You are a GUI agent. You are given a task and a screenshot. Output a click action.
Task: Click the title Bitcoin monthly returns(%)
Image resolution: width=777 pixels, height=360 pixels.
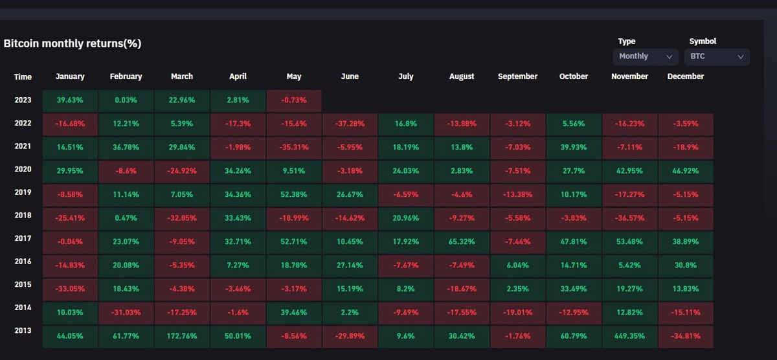[73, 44]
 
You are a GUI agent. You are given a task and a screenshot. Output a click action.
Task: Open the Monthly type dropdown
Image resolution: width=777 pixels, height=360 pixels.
[646, 56]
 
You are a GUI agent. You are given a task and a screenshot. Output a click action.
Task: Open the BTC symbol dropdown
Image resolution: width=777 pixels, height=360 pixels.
[717, 56]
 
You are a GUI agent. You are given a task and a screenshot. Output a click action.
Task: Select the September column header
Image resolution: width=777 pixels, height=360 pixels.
[517, 76]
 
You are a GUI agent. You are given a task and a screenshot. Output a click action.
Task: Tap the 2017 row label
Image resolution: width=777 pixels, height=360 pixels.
[23, 238]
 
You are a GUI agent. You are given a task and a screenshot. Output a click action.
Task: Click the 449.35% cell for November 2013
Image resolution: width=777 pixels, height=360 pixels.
[629, 337]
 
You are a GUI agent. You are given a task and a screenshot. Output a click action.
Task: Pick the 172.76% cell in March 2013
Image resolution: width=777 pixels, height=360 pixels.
[181, 337]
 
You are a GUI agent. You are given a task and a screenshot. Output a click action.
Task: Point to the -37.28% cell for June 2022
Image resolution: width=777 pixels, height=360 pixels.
[350, 123]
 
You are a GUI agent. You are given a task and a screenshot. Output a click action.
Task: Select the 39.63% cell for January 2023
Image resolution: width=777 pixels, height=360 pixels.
[70, 100]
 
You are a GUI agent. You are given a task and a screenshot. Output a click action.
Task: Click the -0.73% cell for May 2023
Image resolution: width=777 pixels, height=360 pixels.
[294, 100]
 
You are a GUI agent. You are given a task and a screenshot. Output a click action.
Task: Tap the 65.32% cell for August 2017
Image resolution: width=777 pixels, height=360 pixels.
[462, 242]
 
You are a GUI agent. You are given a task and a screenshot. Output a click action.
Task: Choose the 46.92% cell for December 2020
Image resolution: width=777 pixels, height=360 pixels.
[685, 171]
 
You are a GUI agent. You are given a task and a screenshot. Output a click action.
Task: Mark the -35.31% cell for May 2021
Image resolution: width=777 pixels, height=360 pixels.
[294, 147]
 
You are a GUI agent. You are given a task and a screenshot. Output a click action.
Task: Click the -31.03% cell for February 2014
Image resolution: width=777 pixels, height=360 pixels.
[126, 313]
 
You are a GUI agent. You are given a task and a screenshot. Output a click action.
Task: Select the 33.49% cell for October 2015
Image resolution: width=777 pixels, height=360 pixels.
[574, 289]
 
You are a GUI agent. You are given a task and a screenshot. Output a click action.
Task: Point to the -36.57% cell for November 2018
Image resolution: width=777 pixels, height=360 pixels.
[629, 218]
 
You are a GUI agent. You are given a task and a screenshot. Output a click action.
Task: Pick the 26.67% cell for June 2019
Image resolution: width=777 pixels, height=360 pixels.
[350, 194]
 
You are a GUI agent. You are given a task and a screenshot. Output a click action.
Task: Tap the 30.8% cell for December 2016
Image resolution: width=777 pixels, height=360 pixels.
[685, 265]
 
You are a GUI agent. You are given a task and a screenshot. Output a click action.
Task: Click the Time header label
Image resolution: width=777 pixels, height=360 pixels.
[23, 77]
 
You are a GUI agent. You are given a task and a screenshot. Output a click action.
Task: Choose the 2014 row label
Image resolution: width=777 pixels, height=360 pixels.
[23, 309]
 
